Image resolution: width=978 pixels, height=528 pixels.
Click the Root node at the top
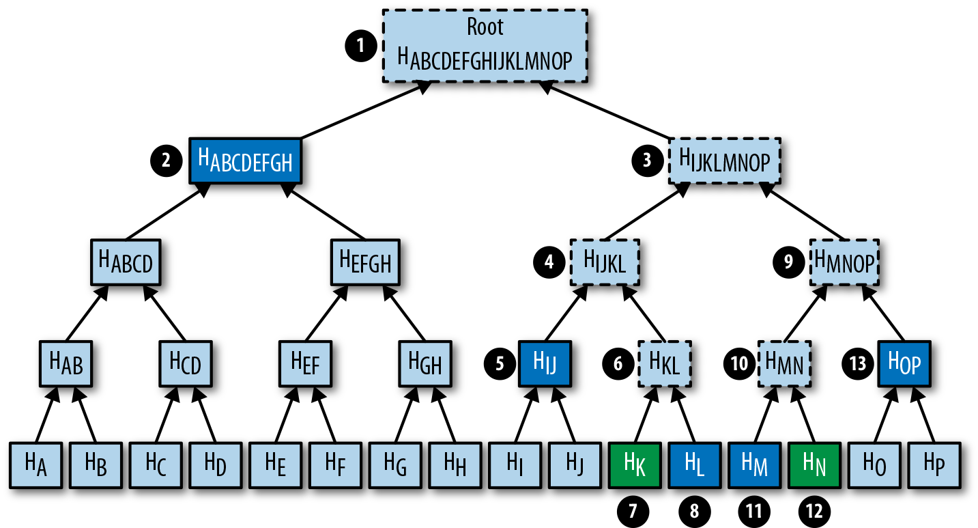[x=485, y=46]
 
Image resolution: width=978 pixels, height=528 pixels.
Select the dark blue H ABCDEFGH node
[x=245, y=160]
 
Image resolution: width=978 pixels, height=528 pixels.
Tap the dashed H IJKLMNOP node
[x=724, y=160]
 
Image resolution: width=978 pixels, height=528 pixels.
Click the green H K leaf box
[x=634, y=464]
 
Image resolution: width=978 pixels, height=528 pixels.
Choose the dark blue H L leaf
[x=694, y=464]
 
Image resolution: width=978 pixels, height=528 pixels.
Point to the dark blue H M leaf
[x=754, y=464]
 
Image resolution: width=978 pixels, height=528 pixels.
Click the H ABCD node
[x=126, y=262]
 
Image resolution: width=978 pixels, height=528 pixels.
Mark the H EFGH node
[x=365, y=262]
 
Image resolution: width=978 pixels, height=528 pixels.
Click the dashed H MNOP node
[x=844, y=262]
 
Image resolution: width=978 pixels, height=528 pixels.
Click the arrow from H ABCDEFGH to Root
[x=362, y=111]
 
